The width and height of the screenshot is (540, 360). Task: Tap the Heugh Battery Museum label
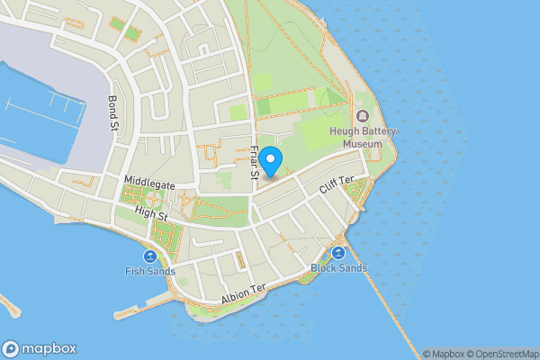coord(363,138)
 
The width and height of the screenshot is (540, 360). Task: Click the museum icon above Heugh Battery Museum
coord(363,117)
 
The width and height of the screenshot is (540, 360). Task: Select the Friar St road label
coord(255,166)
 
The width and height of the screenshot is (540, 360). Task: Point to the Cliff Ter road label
coord(338,186)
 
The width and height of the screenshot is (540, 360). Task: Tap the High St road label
coord(150,214)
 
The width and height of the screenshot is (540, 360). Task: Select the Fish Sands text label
coord(150,271)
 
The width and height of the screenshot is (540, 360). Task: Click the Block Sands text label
coord(338,268)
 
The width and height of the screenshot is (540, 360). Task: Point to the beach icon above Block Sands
coord(338,253)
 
